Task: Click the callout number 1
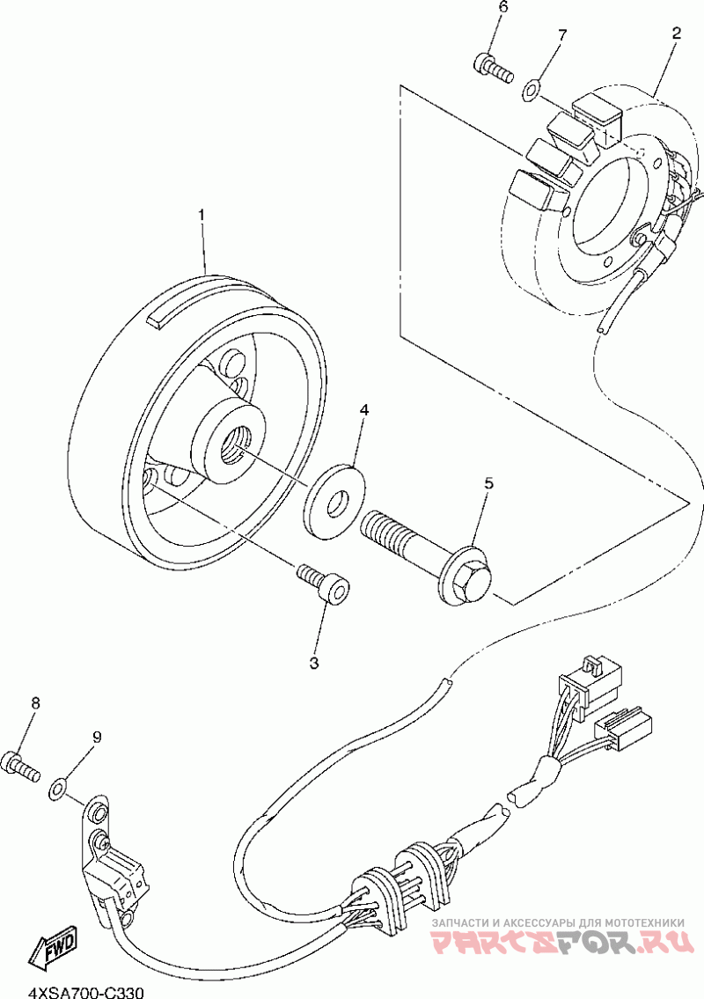[x=202, y=215]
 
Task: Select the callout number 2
[x=676, y=33]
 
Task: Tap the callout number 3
[x=314, y=662]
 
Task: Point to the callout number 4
[x=363, y=411]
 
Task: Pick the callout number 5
[x=488, y=483]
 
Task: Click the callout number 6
[x=504, y=8]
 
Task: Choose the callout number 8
[x=36, y=703]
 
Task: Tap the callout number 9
[x=97, y=737]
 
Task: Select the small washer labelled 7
[x=531, y=88]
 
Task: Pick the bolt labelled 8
[x=20, y=765]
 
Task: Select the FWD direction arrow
[x=53, y=948]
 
